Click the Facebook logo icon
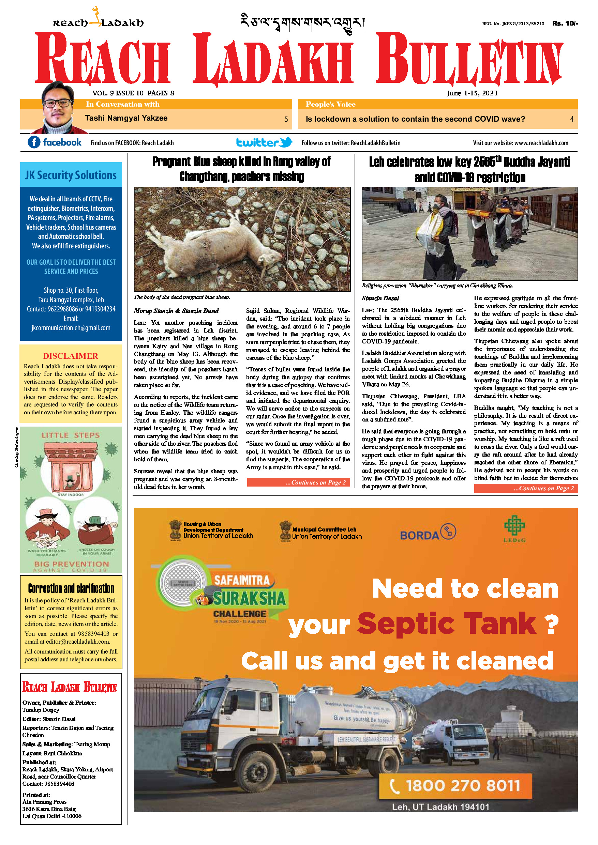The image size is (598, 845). coord(34,142)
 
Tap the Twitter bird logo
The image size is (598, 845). coord(286,142)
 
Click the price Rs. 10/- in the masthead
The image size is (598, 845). coord(565,24)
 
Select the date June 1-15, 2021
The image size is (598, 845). coord(472,93)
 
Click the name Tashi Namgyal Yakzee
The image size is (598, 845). coord(126,118)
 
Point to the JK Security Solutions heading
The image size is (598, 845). coord(71,175)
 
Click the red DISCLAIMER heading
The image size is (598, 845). coord(71,356)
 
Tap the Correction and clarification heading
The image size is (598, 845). coord(71,588)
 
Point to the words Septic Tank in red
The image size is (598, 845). coord(446,624)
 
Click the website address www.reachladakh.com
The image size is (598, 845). coord(541,143)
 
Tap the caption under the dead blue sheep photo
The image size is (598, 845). coord(182,297)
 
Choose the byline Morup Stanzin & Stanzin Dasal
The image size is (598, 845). coord(176,311)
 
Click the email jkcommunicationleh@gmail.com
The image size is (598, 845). coord(71,328)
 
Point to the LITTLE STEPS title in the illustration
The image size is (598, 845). coord(70,435)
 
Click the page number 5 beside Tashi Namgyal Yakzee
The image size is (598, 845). coord(286,119)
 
